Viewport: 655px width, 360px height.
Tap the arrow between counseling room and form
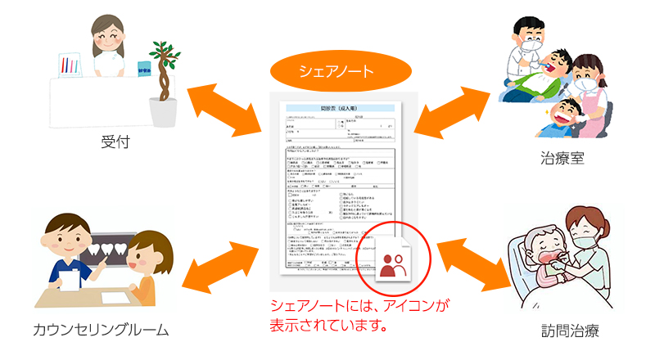pyautogui.click(x=219, y=259)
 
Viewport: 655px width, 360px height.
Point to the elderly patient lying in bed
pyautogui.click(x=532, y=258)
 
